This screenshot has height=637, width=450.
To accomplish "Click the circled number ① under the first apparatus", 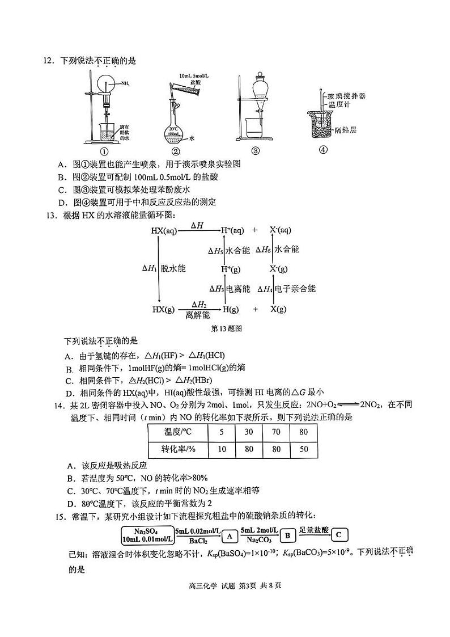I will pos(104,151).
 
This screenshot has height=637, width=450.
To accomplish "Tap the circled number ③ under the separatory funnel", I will pos(256,151).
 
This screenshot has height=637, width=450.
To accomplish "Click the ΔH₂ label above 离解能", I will pos(198,304).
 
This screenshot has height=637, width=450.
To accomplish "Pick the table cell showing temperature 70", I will pos(276,432).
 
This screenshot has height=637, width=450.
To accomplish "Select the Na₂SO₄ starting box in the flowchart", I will pos(147,535).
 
